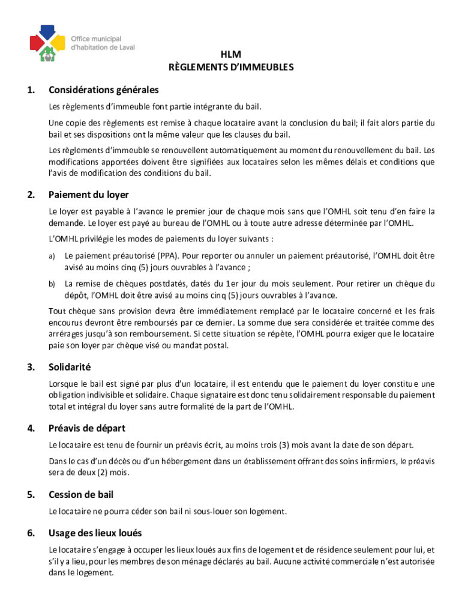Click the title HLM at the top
point(231,55)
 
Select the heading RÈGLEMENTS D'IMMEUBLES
point(231,67)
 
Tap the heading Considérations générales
point(103,90)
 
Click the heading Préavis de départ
point(87,429)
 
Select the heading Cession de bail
point(81,495)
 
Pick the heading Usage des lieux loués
point(95,533)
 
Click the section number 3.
point(30,367)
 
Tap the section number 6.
point(30,533)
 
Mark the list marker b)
point(52,284)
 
